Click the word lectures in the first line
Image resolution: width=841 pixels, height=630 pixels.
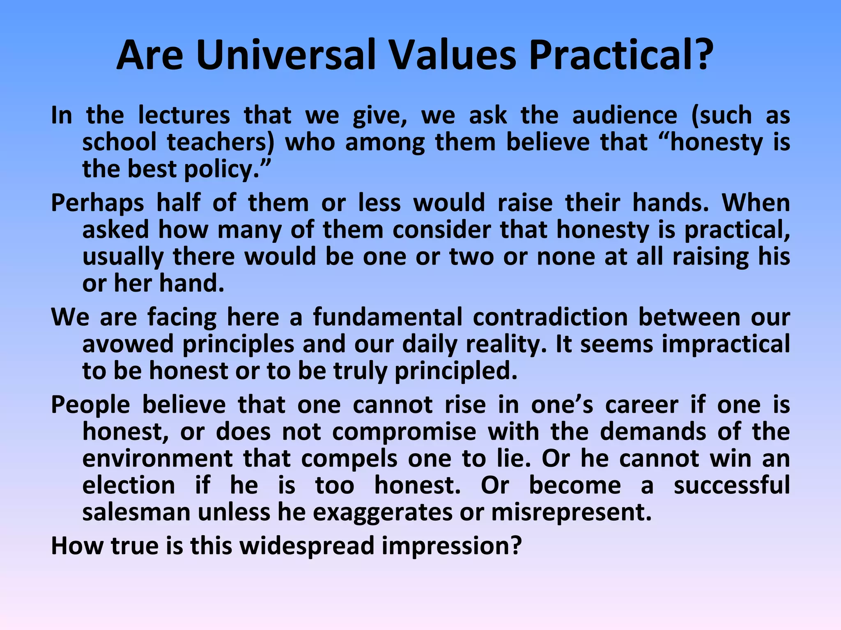coord(184,115)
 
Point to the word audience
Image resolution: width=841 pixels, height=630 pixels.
coord(625,115)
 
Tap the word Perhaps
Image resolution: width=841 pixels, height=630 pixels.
coord(97,203)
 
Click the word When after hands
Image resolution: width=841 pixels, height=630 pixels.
coord(756,203)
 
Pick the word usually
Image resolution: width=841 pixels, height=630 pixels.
coord(122,257)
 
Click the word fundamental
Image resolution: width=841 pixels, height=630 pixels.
coord(387,317)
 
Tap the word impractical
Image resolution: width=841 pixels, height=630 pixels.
coord(726,344)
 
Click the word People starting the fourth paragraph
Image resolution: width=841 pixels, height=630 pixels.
coord(90,405)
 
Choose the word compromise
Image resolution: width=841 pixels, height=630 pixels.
coord(404,432)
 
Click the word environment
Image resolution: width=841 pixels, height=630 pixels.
coord(158,459)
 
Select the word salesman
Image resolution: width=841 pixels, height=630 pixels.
coord(136,512)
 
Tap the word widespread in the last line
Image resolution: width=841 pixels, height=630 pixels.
coord(307,546)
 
